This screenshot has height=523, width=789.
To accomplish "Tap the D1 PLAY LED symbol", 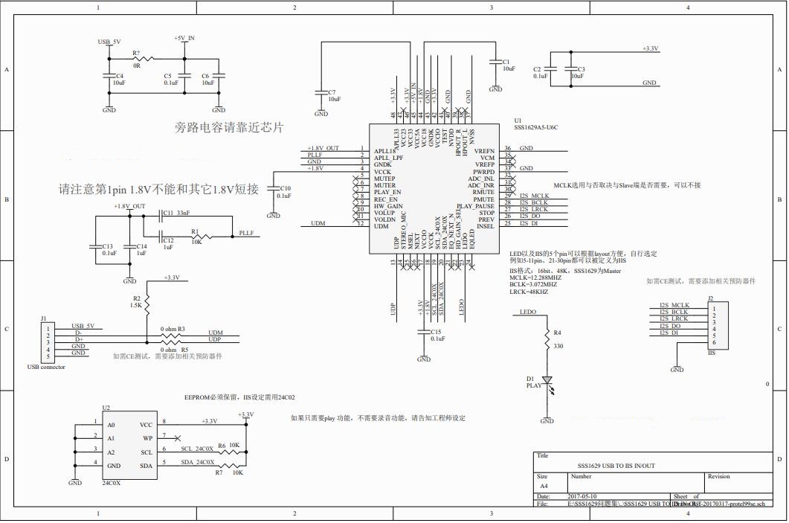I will (547, 380).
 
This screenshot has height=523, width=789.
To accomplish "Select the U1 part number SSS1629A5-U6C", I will (535, 128).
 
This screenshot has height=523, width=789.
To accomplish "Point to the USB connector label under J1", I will (46, 367).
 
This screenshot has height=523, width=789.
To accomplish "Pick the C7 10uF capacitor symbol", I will (321, 93).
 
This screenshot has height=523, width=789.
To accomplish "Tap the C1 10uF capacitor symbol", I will (495, 64).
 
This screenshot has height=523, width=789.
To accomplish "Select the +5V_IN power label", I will (184, 38).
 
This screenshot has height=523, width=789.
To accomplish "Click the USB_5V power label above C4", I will (109, 42).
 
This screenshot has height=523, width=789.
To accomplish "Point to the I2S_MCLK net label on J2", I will (674, 306).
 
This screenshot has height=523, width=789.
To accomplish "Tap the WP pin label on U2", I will (147, 438).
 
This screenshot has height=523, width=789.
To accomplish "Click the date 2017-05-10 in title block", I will (582, 496).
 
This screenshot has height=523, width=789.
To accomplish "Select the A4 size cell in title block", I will (543, 486).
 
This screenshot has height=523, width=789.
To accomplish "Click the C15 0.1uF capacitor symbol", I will (424, 332).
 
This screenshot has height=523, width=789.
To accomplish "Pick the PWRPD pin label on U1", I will (483, 172).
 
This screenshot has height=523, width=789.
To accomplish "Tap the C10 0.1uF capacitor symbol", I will (274, 190).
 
